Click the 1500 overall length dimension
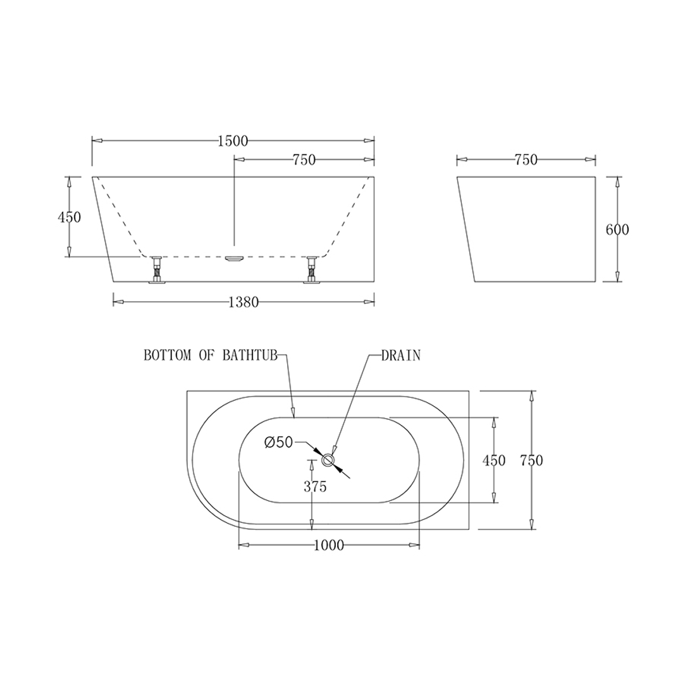[x=232, y=141]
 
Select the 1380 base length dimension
[x=243, y=302]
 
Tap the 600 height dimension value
[x=617, y=230]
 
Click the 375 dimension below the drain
[x=315, y=487]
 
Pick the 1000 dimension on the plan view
[x=329, y=545]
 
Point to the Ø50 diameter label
[x=279, y=443]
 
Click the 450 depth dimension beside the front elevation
[x=69, y=217]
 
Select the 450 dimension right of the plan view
[x=494, y=460]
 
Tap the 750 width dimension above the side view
[x=526, y=160]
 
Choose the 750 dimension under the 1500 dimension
[x=304, y=160]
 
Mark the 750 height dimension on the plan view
[x=531, y=460]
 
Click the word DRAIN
[x=400, y=355]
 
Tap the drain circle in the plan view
[x=328, y=460]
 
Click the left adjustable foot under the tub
[x=156, y=270]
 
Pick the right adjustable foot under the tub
[x=311, y=270]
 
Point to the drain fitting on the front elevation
[x=234, y=259]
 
